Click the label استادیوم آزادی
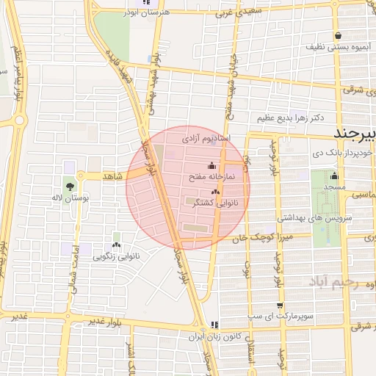click(206, 138)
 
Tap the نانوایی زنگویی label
click(115, 258)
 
